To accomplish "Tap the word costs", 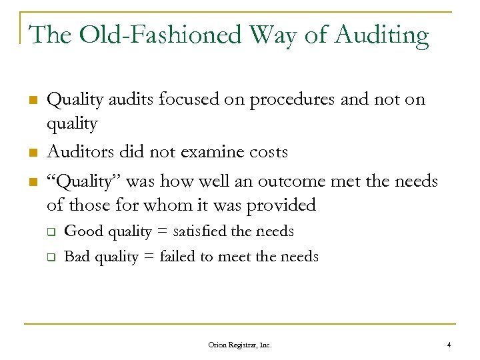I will pyautogui.click(x=267, y=152).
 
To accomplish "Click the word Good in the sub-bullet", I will pyautogui.click(x=79, y=231).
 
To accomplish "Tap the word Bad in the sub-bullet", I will pyautogui.click(x=76, y=256).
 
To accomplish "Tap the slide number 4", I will pyautogui.click(x=449, y=345).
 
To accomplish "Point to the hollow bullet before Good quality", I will pyautogui.click(x=49, y=232).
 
